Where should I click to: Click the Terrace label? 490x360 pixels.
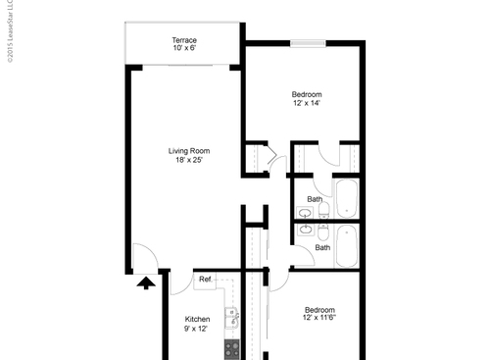(184, 40)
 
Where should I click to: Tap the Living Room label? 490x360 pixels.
(189, 151)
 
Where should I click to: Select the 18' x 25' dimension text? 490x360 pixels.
(189, 161)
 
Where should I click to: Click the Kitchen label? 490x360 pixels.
(199, 320)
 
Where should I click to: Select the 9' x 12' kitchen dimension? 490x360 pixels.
(199, 330)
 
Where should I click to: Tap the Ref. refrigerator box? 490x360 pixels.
(206, 281)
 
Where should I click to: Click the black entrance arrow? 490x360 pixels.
(145, 283)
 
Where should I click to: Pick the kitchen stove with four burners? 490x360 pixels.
(232, 348)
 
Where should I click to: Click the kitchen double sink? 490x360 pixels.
(233, 319)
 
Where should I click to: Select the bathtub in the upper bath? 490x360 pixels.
(347, 198)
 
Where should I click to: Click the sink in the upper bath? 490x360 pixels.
(307, 213)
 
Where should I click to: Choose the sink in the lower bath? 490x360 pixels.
(307, 231)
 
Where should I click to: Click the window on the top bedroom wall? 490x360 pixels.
(307, 42)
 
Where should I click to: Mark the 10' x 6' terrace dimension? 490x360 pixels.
(184, 49)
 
